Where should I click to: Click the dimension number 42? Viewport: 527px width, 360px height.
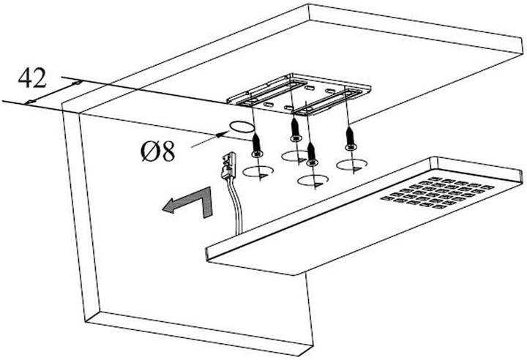pyautogui.click(x=34, y=77)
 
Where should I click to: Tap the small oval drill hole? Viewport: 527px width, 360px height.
pyautogui.click(x=239, y=127)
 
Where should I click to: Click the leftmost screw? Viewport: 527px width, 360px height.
pyautogui.click(x=257, y=144)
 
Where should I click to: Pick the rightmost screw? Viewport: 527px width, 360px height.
pyautogui.click(x=350, y=139)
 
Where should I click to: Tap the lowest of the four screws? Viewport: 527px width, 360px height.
pyautogui.click(x=313, y=154)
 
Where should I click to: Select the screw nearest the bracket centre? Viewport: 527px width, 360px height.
pyautogui.click(x=295, y=129)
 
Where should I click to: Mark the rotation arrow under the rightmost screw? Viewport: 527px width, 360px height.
pyautogui.click(x=350, y=165)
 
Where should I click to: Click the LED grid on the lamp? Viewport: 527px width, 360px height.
pyautogui.click(x=435, y=192)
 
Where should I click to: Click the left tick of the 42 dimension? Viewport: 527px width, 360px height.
pyautogui.click(x=29, y=100)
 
